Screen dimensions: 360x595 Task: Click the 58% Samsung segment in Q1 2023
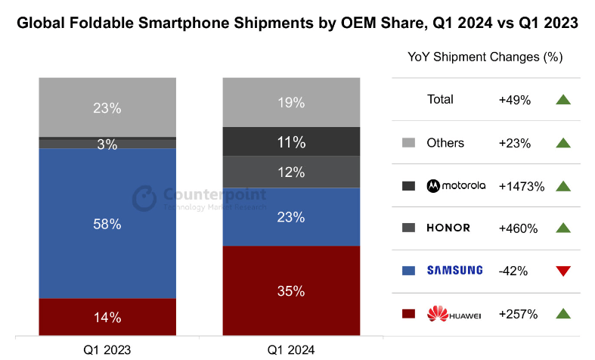pyautogui.click(x=107, y=224)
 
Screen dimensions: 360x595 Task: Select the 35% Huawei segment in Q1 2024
pyautogui.click(x=290, y=290)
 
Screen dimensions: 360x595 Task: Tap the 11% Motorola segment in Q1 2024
pyautogui.click(x=290, y=141)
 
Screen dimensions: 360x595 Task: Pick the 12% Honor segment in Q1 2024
pyautogui.click(x=290, y=172)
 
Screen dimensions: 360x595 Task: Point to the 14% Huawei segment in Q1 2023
pyautogui.click(x=107, y=317)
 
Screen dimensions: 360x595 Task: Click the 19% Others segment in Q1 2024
pyautogui.click(x=290, y=102)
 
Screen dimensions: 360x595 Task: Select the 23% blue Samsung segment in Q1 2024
pyautogui.click(x=290, y=217)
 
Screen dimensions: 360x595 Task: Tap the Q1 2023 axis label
pyautogui.click(x=107, y=349)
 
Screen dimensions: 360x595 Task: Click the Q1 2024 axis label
pyautogui.click(x=290, y=349)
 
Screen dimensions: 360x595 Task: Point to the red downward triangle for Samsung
pyautogui.click(x=562, y=271)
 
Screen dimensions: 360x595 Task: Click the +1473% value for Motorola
pyautogui.click(x=522, y=186)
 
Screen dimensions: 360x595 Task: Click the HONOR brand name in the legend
pyautogui.click(x=448, y=228)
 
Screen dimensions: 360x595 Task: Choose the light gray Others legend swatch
pyautogui.click(x=409, y=143)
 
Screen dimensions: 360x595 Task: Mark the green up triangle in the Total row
pyautogui.click(x=562, y=99)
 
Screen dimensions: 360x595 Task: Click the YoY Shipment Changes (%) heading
pyautogui.click(x=485, y=57)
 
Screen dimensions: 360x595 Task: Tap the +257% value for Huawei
pyautogui.click(x=518, y=314)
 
